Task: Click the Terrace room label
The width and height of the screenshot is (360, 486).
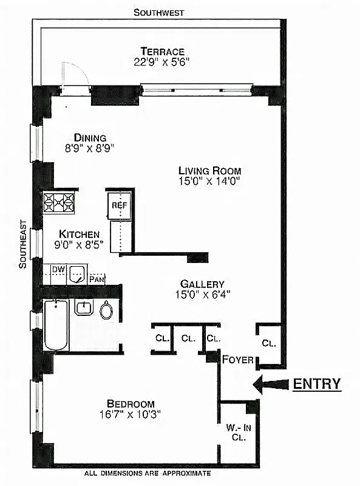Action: pos(162,51)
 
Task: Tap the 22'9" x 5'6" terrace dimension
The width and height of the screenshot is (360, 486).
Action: pos(162,61)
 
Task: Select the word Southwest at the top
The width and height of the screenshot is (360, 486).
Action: pos(158,12)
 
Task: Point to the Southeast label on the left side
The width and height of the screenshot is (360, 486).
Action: pos(22,244)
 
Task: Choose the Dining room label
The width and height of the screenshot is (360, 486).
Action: pos(90,137)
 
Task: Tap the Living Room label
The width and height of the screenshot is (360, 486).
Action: pos(209,171)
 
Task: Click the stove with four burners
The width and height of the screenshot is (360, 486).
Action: pos(59,202)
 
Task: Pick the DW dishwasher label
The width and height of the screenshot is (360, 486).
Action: pos(58,269)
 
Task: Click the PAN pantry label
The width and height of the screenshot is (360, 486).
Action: pos(96,279)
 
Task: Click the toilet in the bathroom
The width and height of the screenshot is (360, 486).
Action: pos(107,311)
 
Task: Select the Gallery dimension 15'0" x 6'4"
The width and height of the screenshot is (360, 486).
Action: pos(202,295)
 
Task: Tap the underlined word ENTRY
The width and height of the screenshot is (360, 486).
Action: pos(317,384)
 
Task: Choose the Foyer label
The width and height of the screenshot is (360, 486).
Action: pos(237,360)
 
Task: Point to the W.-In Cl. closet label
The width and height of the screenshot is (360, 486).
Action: pos(238,431)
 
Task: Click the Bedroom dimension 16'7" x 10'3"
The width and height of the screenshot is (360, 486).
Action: pos(131,415)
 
